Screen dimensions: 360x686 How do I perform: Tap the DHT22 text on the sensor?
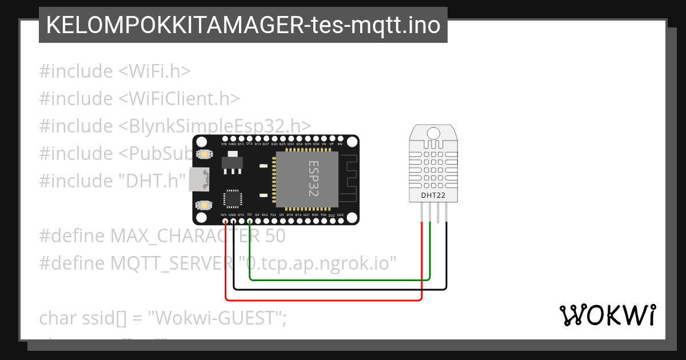(433, 195)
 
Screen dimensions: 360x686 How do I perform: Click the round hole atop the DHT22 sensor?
(433, 133)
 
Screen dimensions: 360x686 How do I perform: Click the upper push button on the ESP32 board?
(204, 155)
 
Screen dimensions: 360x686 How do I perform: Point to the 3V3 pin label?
(224, 215)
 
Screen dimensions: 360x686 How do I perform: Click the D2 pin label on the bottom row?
(250, 215)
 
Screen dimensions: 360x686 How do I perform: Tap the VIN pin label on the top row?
(224, 145)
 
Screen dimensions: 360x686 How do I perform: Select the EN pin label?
(340, 145)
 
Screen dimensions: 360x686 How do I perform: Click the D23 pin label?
(340, 215)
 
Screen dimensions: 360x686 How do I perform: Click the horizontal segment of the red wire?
(323, 299)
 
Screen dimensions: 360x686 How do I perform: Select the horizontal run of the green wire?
(340, 280)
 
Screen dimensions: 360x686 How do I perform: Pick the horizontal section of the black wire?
(340, 289)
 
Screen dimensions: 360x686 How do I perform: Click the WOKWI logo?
(608, 315)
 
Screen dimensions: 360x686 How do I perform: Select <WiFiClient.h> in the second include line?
(179, 98)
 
